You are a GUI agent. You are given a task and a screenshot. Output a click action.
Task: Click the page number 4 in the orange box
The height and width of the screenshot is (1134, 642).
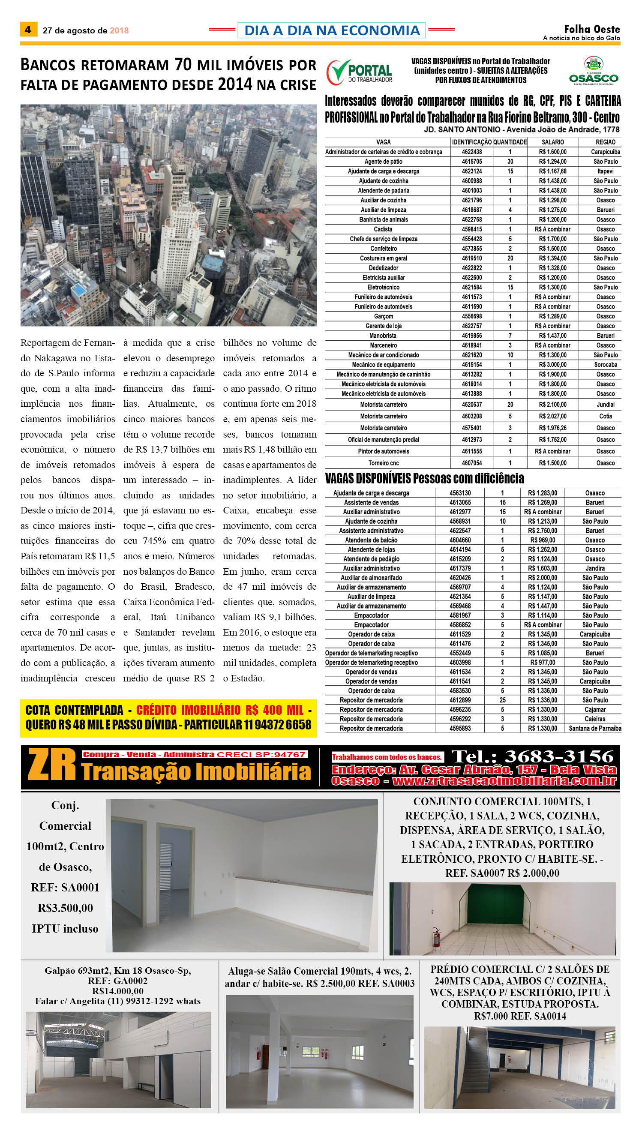point(28,30)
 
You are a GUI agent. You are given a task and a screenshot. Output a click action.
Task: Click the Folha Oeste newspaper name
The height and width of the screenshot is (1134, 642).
point(591,29)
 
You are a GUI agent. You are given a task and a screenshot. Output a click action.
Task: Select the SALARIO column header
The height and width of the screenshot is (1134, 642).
point(552,142)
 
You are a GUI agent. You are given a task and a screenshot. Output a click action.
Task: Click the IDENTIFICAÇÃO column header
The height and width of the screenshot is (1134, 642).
point(471,142)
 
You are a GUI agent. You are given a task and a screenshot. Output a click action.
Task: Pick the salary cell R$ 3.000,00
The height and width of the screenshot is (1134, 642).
point(552,365)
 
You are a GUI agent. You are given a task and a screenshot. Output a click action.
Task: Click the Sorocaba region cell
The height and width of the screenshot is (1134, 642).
point(606,365)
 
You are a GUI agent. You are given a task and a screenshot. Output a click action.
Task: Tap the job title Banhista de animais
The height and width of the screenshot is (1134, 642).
point(384,219)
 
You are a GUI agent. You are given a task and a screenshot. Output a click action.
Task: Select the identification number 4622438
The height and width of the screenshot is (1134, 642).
point(472,152)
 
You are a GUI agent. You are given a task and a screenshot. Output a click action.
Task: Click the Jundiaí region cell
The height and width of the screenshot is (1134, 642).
point(606,404)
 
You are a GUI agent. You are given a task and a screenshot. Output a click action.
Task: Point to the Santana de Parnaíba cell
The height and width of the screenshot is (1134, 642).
point(595,729)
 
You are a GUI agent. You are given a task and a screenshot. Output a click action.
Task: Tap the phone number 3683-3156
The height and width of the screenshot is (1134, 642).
point(559,756)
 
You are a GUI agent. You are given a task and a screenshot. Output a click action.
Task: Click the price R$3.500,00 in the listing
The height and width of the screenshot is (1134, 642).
point(65,908)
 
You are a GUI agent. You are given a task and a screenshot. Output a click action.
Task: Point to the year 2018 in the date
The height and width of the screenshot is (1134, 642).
point(119,30)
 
